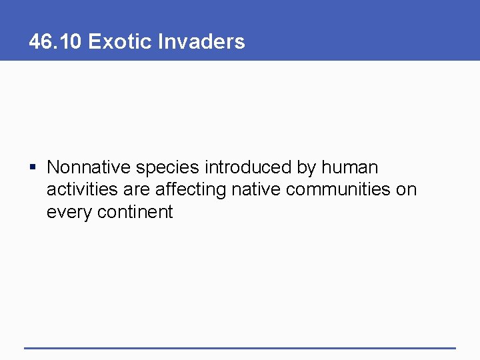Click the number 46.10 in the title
pos(55,42)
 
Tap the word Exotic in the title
pos(120,42)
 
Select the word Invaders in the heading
pos(201,42)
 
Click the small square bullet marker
pos(32,167)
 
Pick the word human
pos(352,167)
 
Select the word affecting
pos(191,190)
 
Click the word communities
pos(338,189)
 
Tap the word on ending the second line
pos(406,190)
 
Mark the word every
pos(69,213)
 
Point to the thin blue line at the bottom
pos(240,347)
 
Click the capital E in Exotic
pos(94,42)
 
